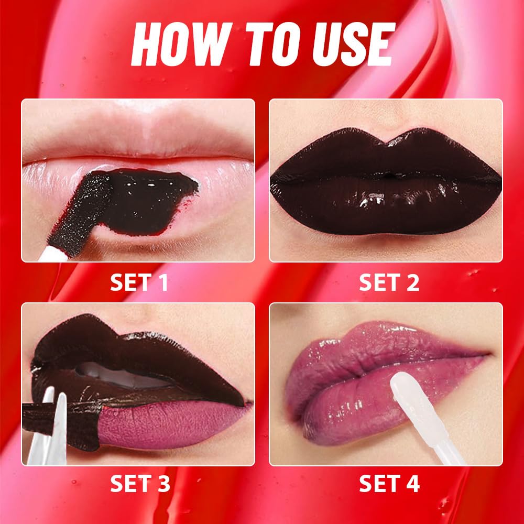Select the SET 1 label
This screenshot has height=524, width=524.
[x=139, y=282]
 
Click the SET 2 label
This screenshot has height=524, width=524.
[x=389, y=282]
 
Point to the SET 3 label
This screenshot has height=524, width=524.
[x=139, y=484]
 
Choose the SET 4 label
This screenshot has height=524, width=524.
[x=389, y=484]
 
